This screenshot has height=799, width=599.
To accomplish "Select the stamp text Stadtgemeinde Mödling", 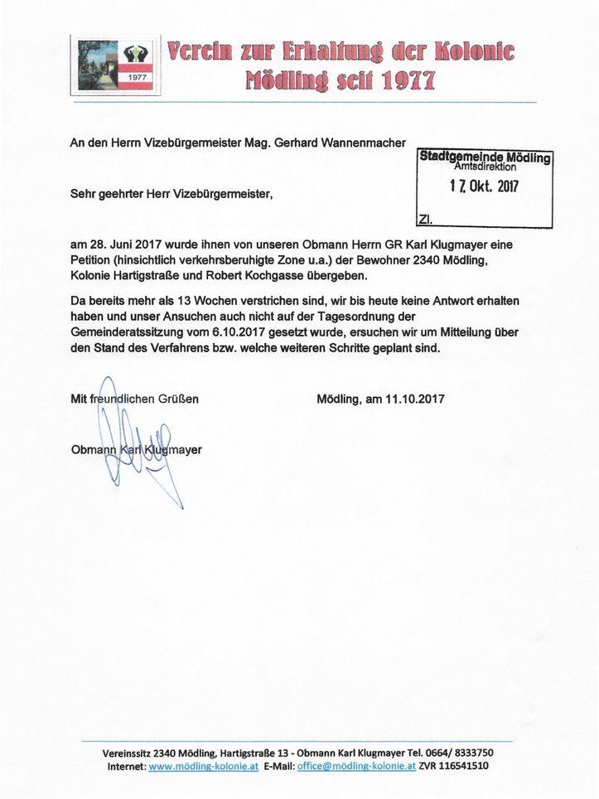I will tap(485, 157).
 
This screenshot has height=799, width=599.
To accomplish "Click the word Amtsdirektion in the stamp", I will tap(486, 167).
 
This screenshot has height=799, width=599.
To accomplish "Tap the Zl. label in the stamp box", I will tap(423, 220).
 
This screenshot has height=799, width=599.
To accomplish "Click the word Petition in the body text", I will tap(93, 260).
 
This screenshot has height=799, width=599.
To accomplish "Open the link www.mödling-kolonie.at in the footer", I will tap(204, 767).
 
